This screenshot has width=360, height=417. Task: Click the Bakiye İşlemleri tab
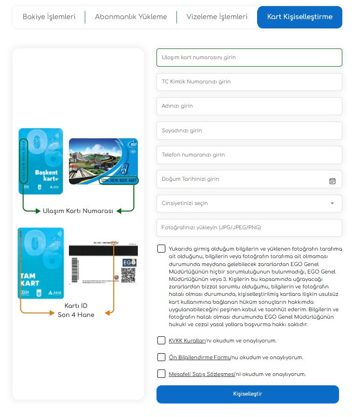point(49,17)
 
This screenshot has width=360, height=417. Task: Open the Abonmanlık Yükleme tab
point(131,17)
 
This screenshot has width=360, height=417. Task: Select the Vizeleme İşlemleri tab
point(217,17)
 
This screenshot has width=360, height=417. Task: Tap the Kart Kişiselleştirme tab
point(299,17)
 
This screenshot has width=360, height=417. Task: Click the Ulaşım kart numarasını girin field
point(249,57)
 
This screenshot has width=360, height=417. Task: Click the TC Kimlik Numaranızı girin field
point(249,82)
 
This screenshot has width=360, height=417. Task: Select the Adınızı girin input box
point(249,106)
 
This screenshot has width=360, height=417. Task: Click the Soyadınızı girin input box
point(249,130)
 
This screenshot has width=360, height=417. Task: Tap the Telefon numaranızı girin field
point(249,155)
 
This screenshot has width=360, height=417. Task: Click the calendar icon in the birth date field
point(333,181)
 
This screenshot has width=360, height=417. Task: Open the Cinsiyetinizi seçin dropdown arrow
point(332,204)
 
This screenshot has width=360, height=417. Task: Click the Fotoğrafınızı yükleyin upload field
point(249,228)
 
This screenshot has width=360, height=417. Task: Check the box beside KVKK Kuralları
point(161,340)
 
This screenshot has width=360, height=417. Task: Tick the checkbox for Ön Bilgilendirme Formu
point(161,357)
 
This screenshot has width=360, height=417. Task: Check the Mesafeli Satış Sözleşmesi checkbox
point(161,374)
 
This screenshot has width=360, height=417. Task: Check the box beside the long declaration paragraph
point(161,248)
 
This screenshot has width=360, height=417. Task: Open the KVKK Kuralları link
point(187,341)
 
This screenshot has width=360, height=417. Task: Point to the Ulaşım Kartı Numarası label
point(78,211)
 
